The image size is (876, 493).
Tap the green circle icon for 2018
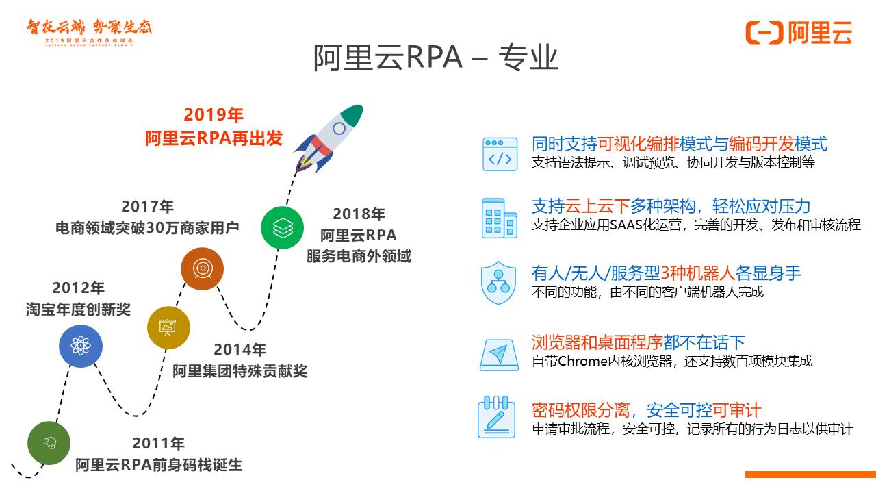[x=282, y=227]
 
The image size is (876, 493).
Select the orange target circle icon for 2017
[x=202, y=269]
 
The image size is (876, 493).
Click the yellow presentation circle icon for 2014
[x=168, y=327]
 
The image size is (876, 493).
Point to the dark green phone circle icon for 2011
[x=49, y=442]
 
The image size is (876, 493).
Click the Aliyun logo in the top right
[x=799, y=32]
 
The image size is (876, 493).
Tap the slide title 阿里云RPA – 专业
[x=436, y=58]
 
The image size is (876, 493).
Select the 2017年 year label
[x=148, y=206]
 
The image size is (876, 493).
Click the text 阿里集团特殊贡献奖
[x=240, y=371]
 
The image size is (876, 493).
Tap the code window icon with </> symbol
[x=500, y=153]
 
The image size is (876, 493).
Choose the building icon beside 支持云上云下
[x=500, y=218]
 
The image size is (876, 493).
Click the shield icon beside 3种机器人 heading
[x=500, y=282]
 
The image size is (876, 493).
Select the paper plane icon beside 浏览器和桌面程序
[x=500, y=354]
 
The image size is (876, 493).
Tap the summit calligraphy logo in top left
[x=89, y=30]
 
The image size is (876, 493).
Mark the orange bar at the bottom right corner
[x=810, y=474]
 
